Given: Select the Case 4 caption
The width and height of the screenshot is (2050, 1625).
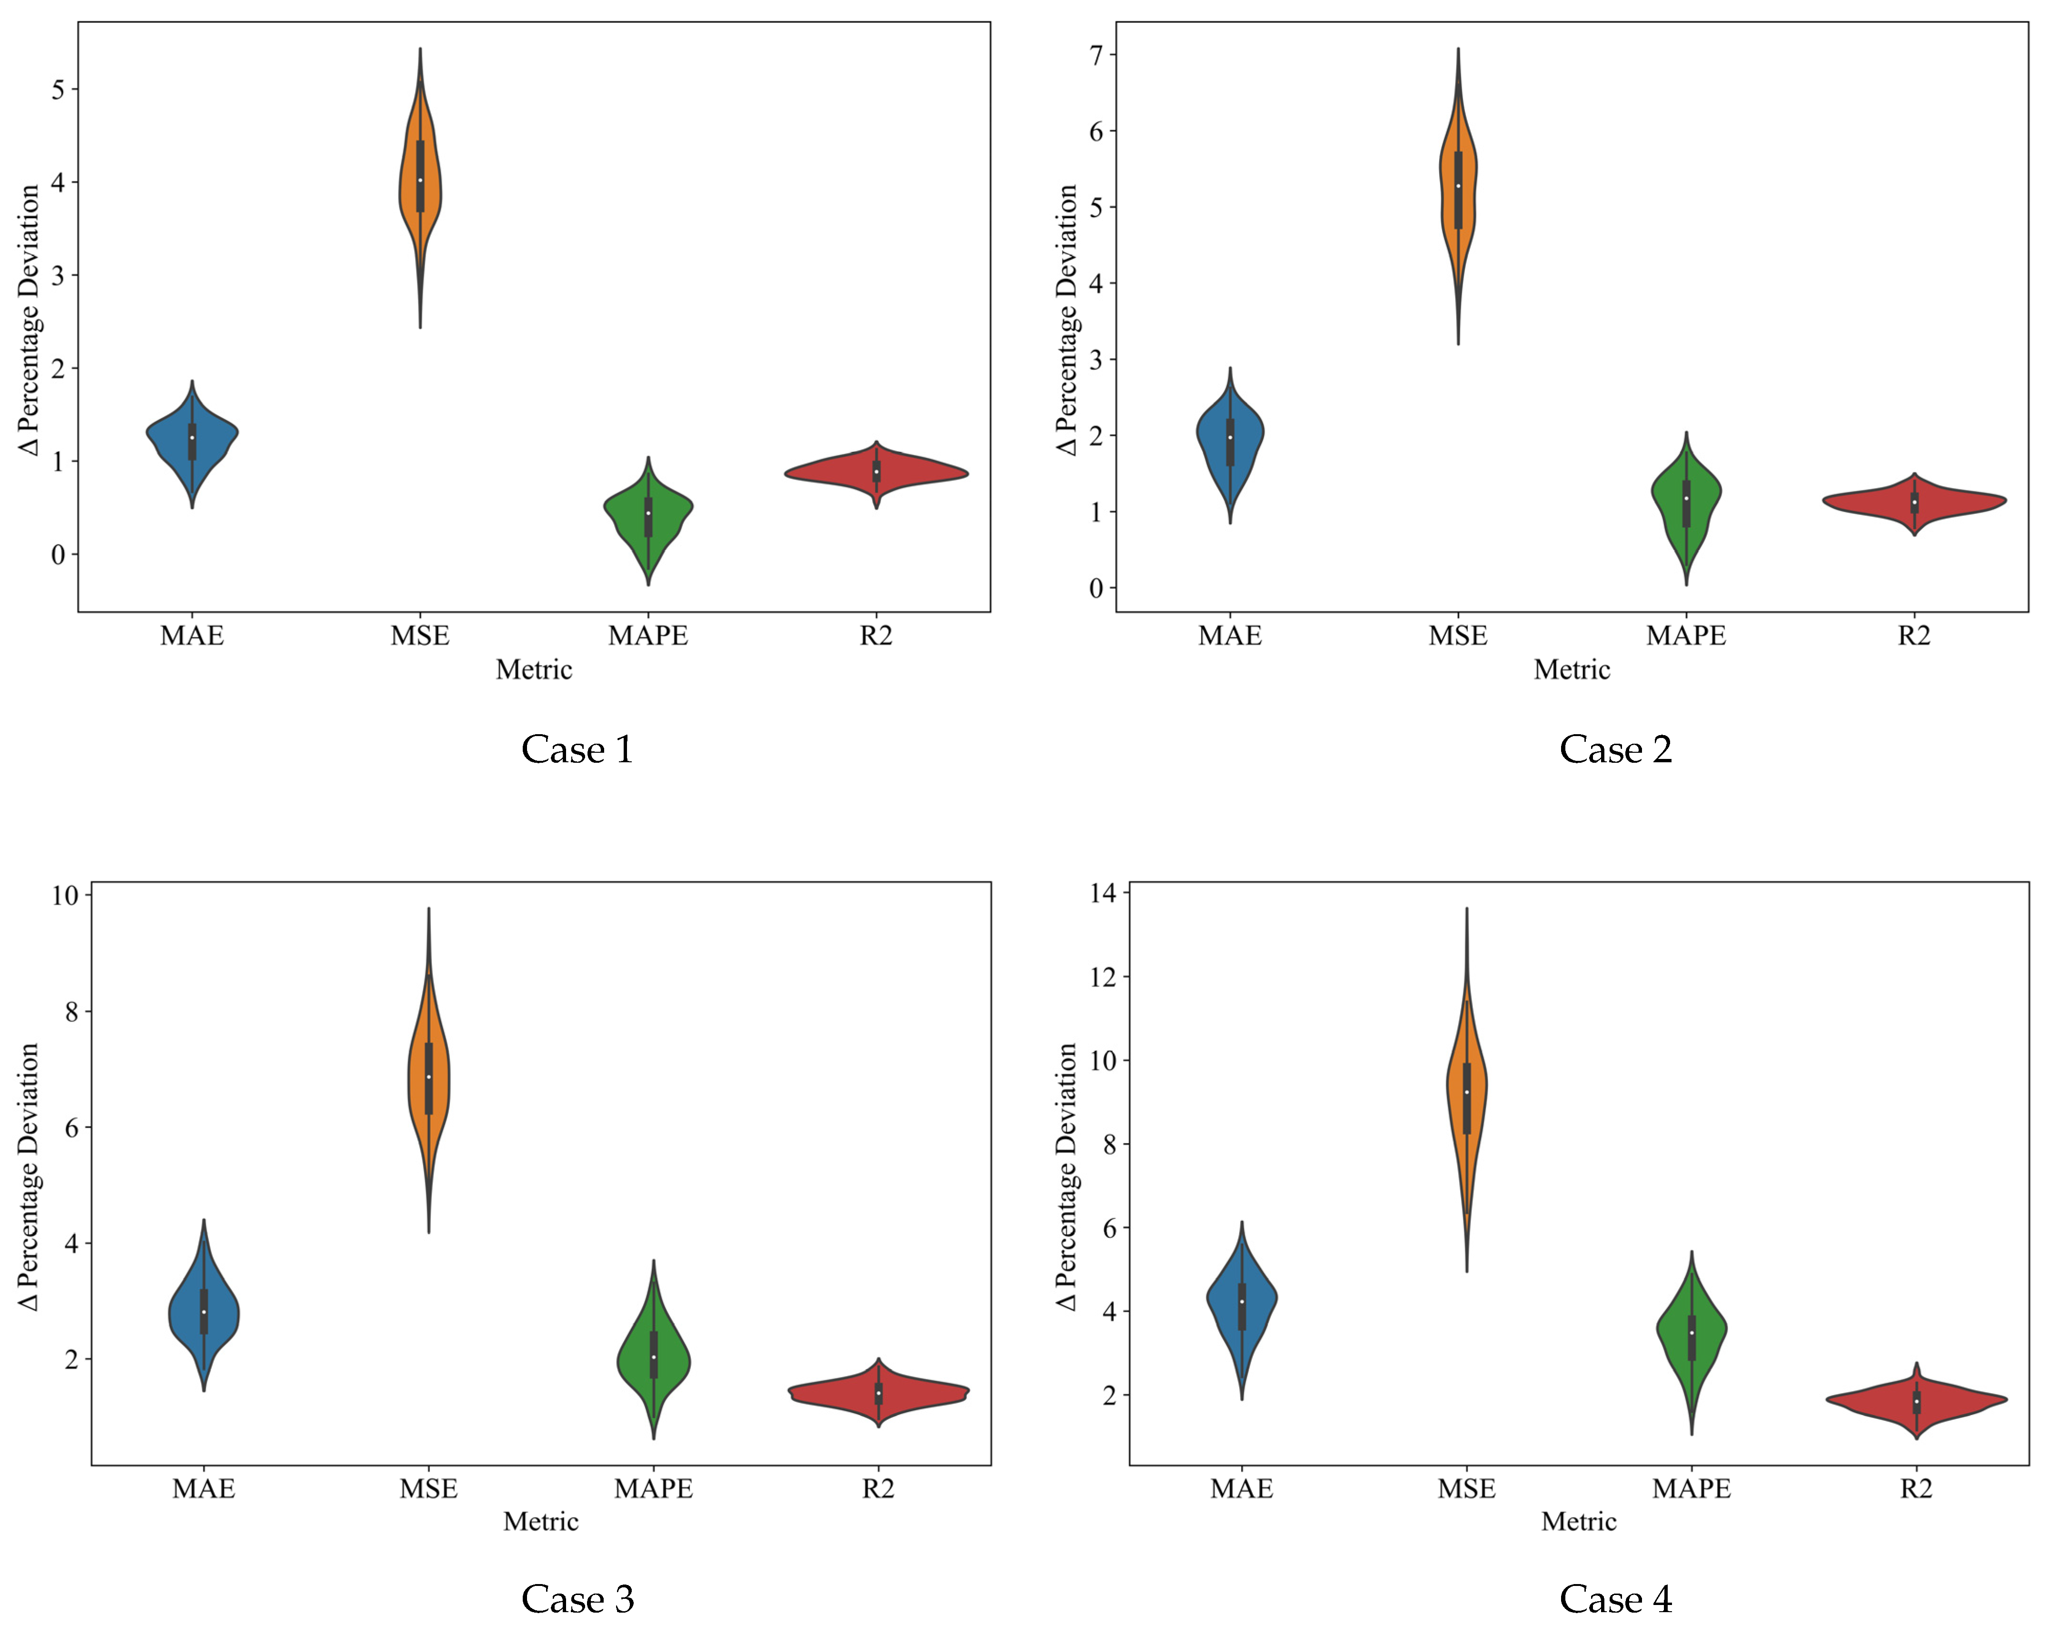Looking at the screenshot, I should (x=1615, y=1599).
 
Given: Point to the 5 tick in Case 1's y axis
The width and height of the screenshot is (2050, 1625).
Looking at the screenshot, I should (x=59, y=90).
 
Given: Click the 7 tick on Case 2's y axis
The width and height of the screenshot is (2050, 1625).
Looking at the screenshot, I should (x=1096, y=55).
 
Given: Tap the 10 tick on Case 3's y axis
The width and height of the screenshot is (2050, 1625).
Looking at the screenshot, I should (x=66, y=896).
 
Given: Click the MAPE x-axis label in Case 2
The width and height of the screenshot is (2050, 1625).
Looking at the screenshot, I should (x=1686, y=635).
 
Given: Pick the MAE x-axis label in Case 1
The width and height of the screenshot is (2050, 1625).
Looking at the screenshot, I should (x=192, y=635).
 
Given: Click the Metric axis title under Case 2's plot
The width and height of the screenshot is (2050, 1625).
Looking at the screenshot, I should (x=1572, y=669).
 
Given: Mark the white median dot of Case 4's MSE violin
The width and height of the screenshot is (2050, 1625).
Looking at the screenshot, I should (x=1467, y=1092).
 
